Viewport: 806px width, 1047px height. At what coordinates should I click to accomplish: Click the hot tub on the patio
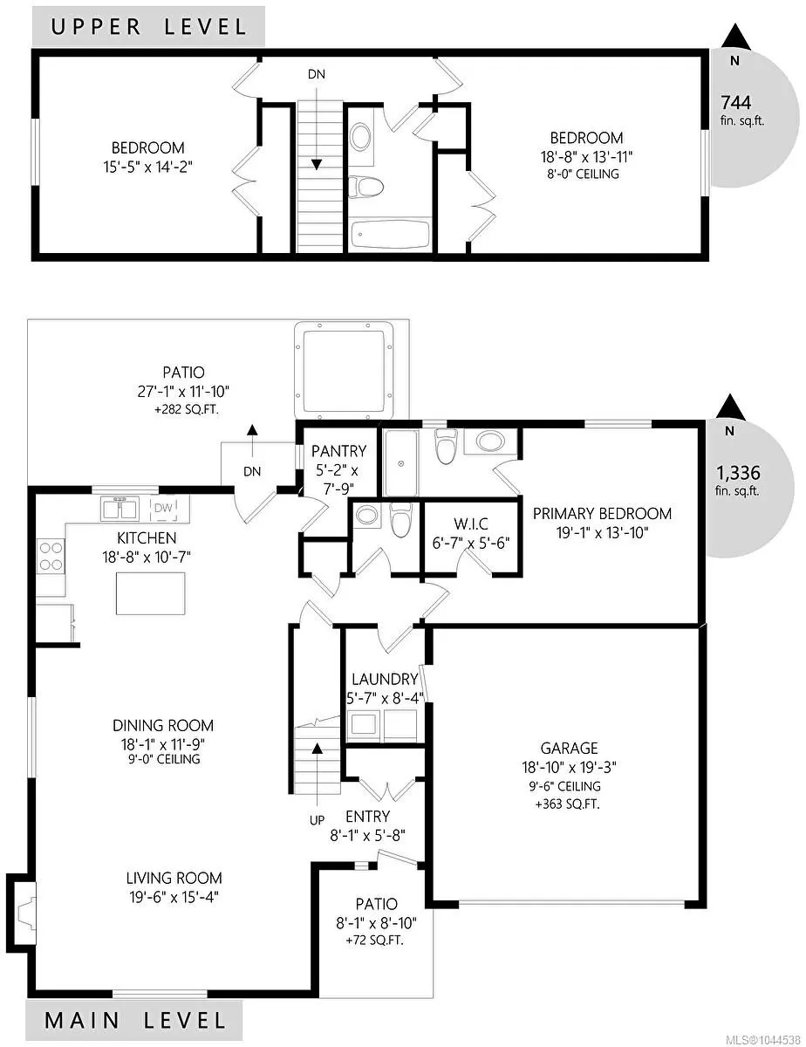(344, 371)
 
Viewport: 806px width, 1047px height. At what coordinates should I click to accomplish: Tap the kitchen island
(151, 593)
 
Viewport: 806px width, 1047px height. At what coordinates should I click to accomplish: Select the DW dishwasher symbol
(164, 508)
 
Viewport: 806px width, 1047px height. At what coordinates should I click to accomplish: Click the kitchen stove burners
(51, 556)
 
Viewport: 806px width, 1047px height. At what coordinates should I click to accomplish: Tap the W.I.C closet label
(470, 523)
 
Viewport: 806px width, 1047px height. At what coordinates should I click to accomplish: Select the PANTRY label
(338, 451)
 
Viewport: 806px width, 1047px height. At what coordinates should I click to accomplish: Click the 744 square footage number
(735, 103)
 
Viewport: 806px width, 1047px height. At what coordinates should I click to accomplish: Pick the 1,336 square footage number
(738, 473)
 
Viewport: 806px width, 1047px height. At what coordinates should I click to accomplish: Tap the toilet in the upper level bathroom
(365, 187)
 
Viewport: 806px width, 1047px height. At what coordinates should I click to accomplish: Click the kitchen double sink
(120, 508)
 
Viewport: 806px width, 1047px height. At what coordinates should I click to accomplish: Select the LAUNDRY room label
(385, 679)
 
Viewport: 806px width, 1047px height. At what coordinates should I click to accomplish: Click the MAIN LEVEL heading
(135, 1021)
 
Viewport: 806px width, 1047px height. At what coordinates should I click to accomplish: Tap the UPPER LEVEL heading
(149, 26)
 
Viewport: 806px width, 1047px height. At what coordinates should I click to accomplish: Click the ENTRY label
(368, 816)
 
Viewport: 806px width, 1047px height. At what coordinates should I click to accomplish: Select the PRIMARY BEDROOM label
(602, 514)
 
